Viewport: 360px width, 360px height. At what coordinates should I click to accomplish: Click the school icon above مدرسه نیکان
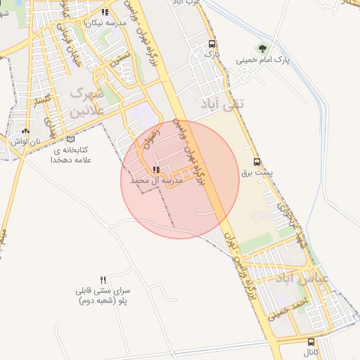(105, 13)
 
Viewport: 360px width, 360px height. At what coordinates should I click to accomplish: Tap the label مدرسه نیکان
(105, 23)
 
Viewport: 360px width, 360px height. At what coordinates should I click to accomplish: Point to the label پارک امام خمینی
(262, 60)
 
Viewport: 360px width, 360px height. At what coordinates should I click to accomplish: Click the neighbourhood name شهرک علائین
(87, 101)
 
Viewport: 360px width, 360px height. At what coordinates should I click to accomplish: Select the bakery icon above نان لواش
(26, 131)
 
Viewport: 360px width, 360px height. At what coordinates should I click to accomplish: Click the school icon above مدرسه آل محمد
(155, 169)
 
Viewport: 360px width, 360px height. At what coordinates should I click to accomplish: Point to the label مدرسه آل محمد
(156, 181)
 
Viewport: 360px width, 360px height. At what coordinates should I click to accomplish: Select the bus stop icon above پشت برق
(256, 161)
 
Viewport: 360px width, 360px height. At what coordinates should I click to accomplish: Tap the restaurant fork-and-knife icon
(103, 280)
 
